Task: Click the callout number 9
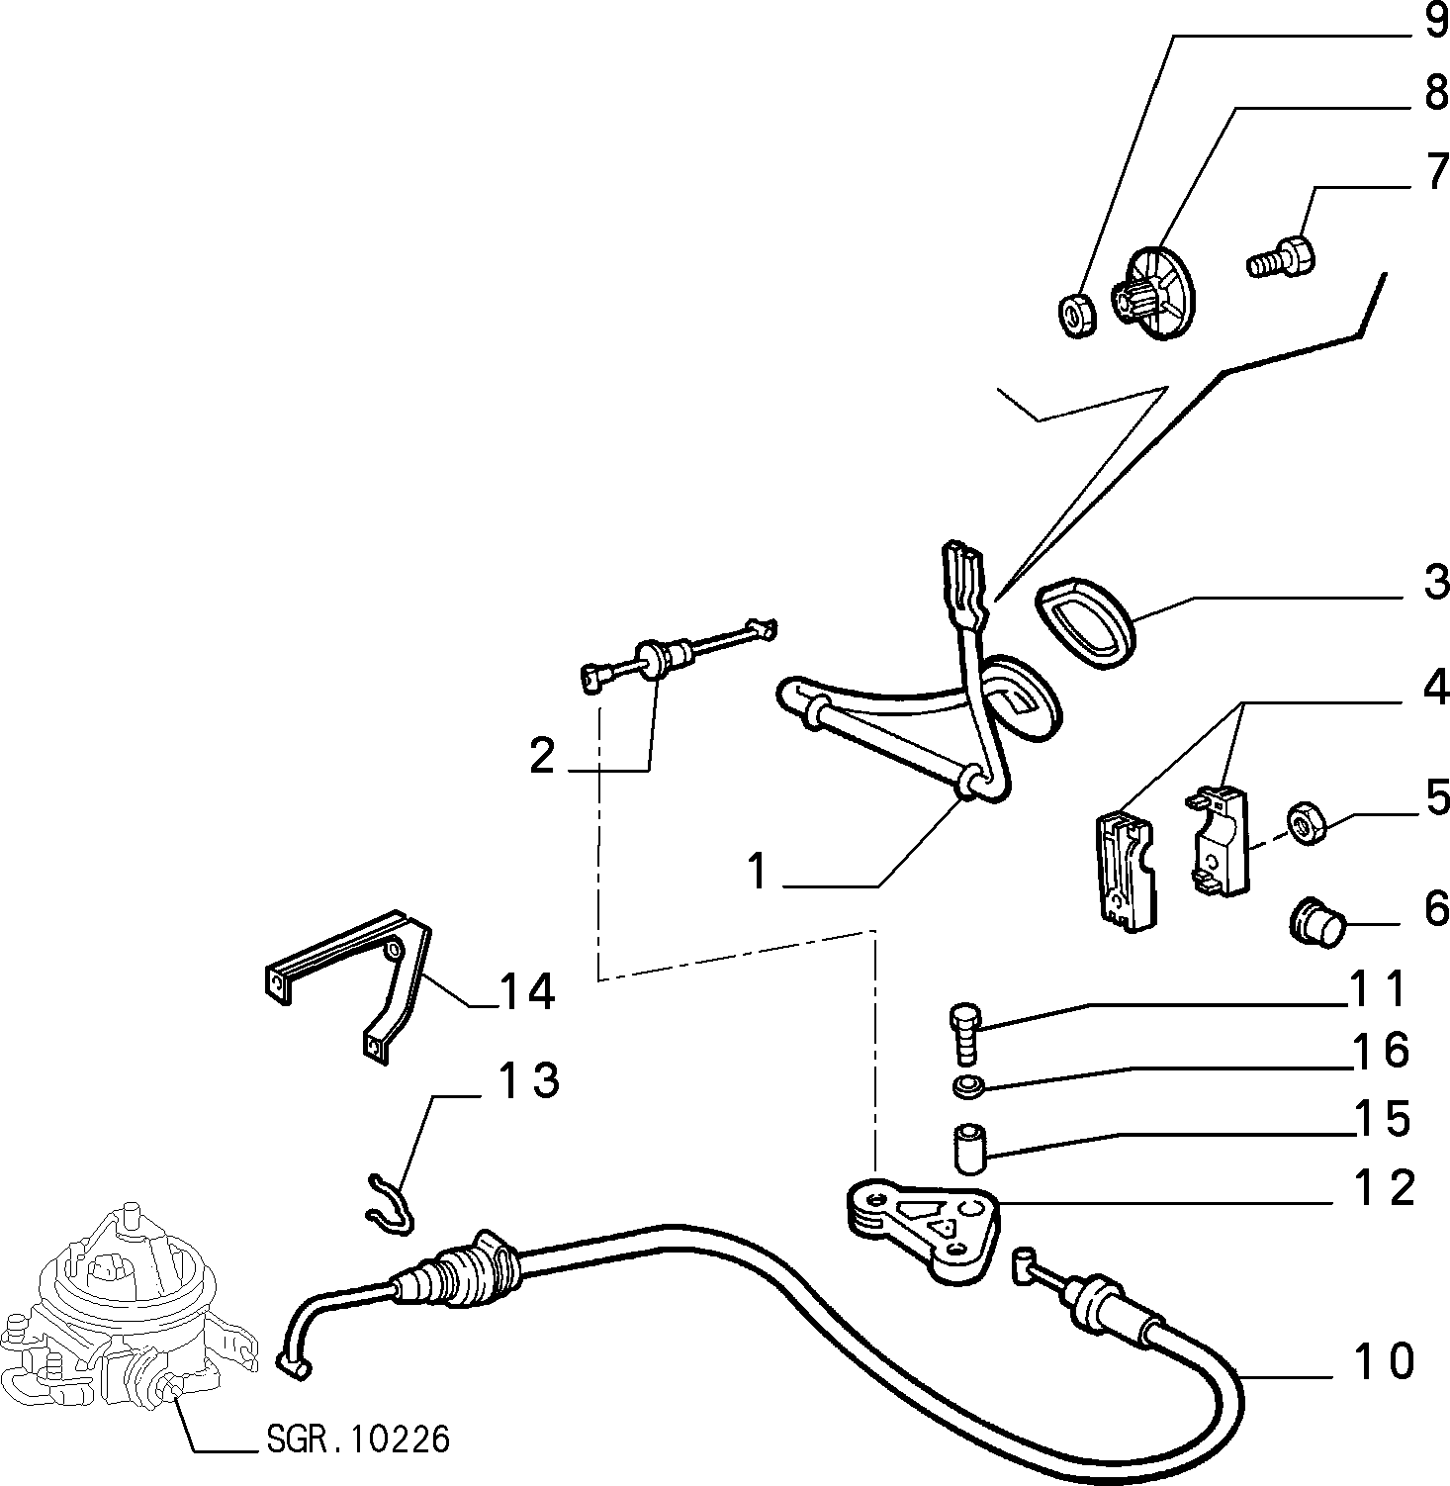tap(1435, 21)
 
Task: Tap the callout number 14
tap(527, 991)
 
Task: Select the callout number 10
tap(1384, 1361)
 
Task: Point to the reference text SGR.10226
tap(358, 1439)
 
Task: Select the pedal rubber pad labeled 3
tap(1086, 625)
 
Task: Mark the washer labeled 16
tap(966, 1087)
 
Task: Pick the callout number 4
tap(1434, 686)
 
